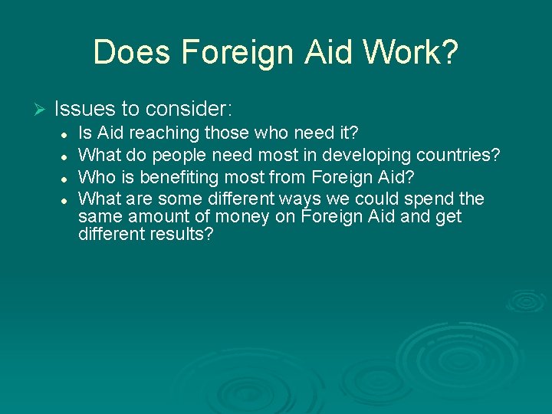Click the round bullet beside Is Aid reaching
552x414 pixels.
coord(66,133)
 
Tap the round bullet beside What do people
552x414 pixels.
coord(66,156)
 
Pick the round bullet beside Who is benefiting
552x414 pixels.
coord(66,178)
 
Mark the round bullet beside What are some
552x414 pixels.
coord(66,199)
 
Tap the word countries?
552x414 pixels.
coord(458,155)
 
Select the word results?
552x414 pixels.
coord(179,234)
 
